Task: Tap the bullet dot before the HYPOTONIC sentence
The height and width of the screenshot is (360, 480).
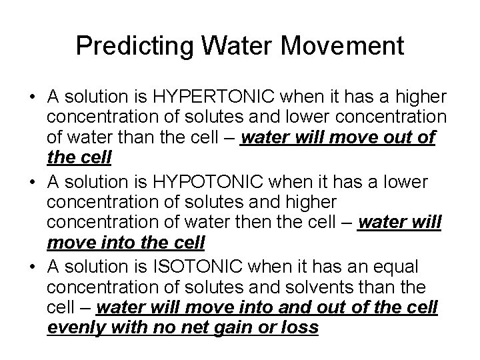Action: [x=31, y=181]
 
